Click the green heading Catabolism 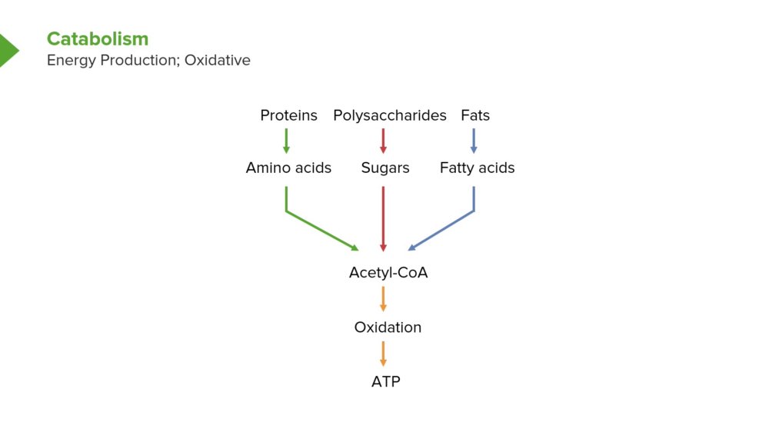[98, 38]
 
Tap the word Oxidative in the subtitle [218, 60]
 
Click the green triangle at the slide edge [8, 50]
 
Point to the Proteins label [289, 115]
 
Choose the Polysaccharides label [390, 116]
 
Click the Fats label [475, 115]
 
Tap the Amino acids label [288, 168]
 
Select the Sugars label [385, 168]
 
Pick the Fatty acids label [478, 168]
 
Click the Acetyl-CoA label [388, 273]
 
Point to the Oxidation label [388, 327]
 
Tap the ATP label [386, 381]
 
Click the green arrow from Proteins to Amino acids [286, 141]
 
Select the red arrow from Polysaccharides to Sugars [383, 141]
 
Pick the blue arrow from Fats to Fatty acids [473, 141]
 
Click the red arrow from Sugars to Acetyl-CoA [383, 219]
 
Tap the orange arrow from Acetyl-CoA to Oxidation [383, 299]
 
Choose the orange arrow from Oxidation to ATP [383, 354]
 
